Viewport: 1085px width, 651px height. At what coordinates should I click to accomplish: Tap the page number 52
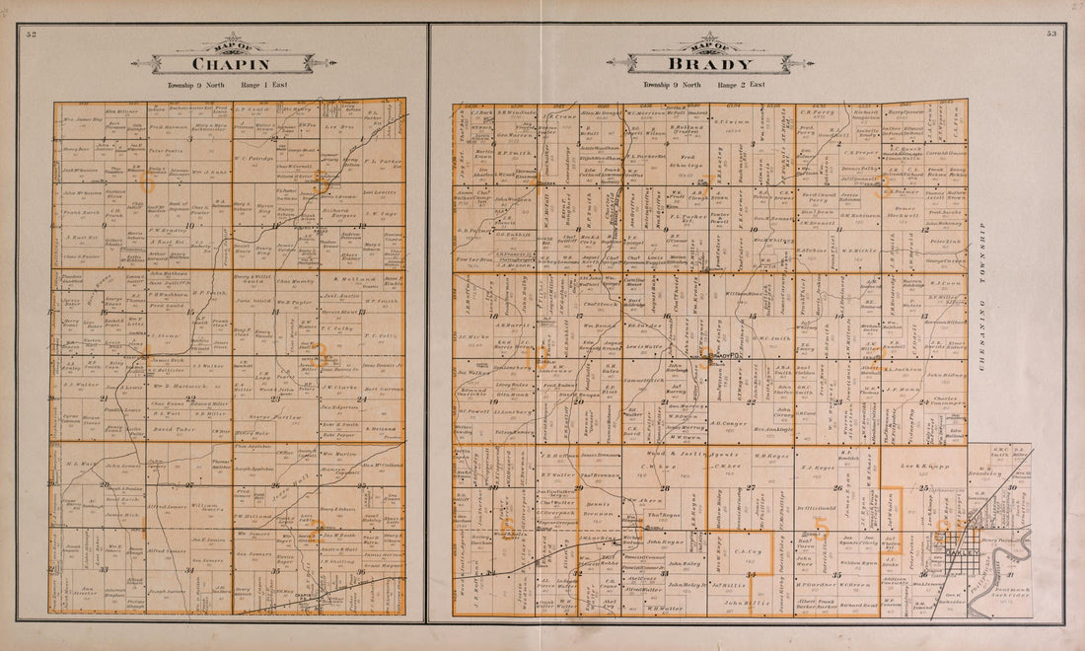click(x=32, y=36)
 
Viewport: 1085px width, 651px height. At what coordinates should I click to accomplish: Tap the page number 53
click(x=1051, y=36)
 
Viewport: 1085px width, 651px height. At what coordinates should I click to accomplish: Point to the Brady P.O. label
click(x=724, y=356)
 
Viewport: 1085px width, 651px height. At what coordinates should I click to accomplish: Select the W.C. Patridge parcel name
click(x=253, y=157)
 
